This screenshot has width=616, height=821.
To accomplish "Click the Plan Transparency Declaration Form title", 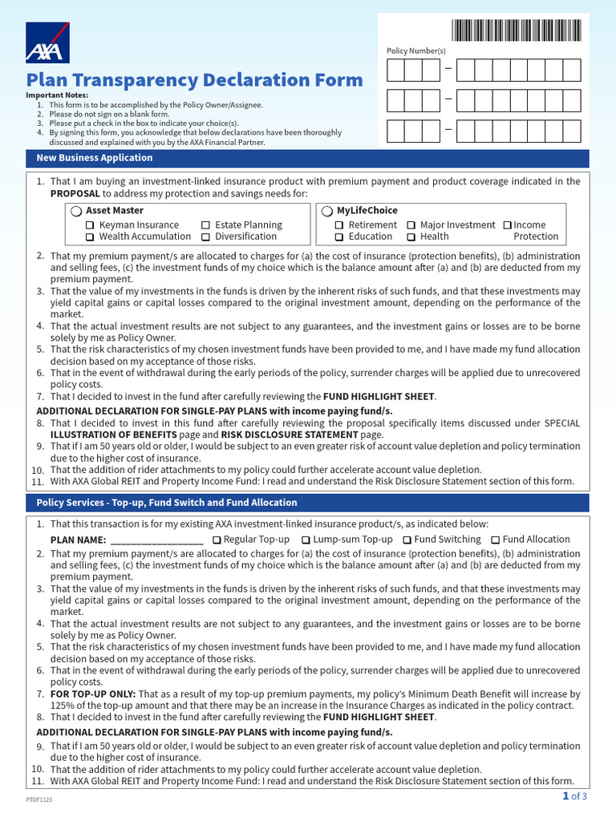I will click(194, 80).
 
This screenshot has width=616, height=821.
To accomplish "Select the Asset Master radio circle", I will click(75, 211).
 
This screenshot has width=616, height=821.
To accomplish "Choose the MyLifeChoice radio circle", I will click(327, 211).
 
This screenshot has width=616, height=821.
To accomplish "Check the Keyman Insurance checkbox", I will click(91, 226).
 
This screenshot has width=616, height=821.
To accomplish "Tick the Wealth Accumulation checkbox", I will click(91, 237).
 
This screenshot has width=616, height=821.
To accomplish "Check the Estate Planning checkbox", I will click(206, 226).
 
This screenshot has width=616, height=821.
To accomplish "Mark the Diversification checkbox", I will click(206, 237).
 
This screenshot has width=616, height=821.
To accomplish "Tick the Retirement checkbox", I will click(340, 226).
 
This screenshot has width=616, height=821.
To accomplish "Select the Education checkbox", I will click(340, 237).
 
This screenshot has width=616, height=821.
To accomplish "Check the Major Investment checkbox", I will click(411, 226).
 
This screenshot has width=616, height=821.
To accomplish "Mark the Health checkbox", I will click(411, 237).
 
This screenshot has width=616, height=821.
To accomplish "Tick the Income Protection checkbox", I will click(507, 226).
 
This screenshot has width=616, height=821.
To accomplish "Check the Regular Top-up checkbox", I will click(217, 540).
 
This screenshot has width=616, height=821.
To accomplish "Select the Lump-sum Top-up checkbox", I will click(306, 540).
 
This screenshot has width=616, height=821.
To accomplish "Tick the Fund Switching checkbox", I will click(407, 540).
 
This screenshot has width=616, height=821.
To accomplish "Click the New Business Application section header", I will click(95, 158).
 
